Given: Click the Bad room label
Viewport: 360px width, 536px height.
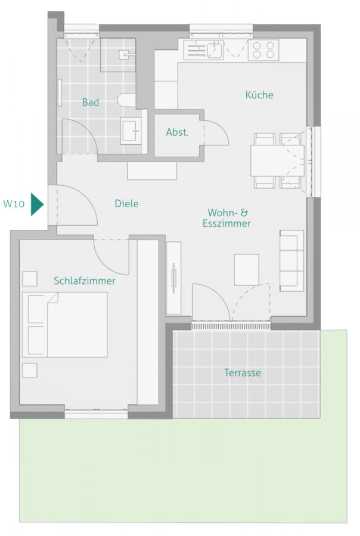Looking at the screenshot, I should [x=91, y=102].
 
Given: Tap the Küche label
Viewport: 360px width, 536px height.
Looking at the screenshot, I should [x=259, y=95].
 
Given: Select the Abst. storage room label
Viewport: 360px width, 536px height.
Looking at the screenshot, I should [x=177, y=132].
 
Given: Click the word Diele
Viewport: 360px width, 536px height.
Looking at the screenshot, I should [x=126, y=204].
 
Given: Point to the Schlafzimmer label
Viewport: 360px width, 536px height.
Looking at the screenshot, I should [x=85, y=281].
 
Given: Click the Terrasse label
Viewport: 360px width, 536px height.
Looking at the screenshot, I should [x=243, y=373].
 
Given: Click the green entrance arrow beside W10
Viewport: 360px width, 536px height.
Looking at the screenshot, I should [x=37, y=204].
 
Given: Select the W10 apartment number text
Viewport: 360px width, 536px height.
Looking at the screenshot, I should [x=14, y=204].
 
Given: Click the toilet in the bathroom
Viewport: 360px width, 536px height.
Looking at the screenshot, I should [x=126, y=100].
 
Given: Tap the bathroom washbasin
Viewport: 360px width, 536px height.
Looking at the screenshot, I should [x=131, y=130].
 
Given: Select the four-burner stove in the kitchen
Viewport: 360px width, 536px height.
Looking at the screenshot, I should [x=263, y=49].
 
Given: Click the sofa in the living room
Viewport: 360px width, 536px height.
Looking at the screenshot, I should [x=291, y=260].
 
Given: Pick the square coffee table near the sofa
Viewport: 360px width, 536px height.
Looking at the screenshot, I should [x=246, y=269].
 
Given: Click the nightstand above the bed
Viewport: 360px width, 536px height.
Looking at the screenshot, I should [x=29, y=279].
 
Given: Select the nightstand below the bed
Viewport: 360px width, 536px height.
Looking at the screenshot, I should [x=29, y=370].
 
